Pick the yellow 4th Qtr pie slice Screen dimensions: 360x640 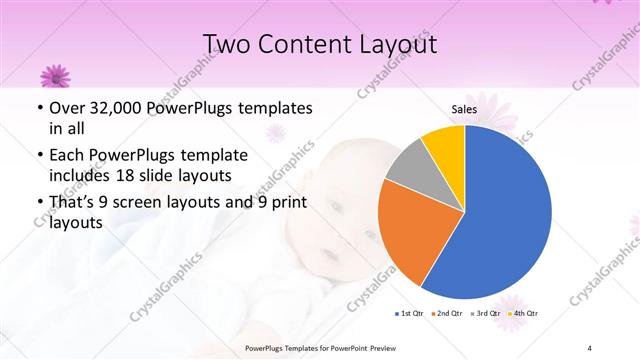pyautogui.click(x=443, y=143)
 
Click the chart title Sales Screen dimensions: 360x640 pyautogui.click(x=464, y=110)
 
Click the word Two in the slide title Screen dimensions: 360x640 pyautogui.click(x=227, y=44)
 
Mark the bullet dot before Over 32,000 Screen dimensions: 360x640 pyautogui.click(x=39, y=108)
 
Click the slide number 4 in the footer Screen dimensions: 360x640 pyautogui.click(x=590, y=347)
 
